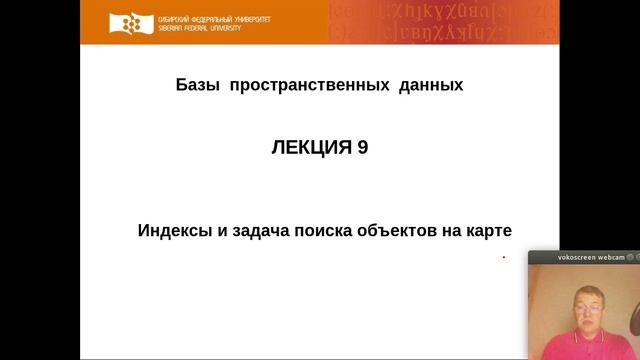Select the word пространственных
[308, 86]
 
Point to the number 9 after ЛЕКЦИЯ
[362, 147]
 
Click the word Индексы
[173, 230]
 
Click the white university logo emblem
[129, 23]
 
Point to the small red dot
[503, 257]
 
